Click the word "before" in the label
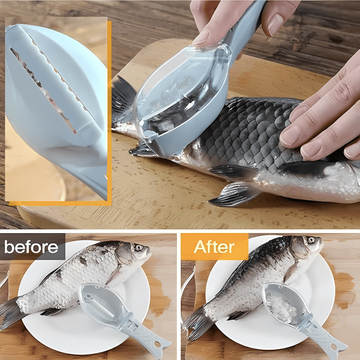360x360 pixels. (x=31, y=247)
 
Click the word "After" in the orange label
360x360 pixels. (x=214, y=247)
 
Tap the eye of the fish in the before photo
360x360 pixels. (x=139, y=247)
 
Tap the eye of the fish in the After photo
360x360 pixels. (x=311, y=240)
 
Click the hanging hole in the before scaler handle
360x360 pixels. (x=157, y=344)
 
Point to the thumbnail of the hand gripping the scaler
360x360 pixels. (x=275, y=25)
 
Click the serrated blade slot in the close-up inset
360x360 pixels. (x=44, y=90)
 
